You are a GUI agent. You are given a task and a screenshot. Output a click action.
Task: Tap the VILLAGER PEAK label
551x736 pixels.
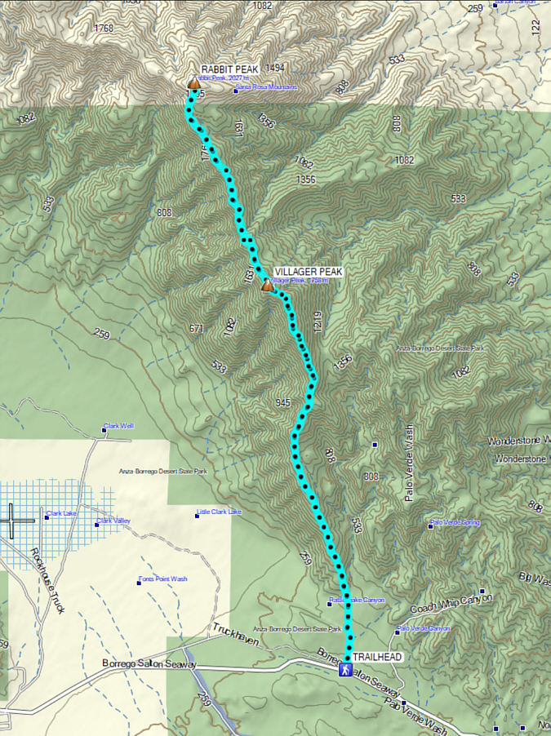[309, 272]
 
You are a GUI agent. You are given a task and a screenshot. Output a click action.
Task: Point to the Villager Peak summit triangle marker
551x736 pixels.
[267, 286]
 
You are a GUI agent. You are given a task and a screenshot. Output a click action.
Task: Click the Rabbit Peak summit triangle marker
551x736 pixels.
[194, 83]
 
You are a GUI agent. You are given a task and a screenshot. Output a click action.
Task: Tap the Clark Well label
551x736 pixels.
[119, 427]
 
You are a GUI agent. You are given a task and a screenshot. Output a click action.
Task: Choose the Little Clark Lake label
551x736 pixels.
[219, 512]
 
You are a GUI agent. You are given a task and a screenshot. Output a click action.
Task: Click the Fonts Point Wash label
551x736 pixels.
[162, 579]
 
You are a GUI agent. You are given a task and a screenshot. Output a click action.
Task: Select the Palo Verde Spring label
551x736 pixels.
[455, 522]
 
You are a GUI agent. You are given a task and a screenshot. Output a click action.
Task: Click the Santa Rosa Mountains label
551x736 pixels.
[267, 86]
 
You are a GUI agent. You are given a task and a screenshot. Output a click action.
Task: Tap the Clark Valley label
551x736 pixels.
[113, 521]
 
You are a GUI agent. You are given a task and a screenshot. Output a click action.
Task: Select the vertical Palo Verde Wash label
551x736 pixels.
[411, 463]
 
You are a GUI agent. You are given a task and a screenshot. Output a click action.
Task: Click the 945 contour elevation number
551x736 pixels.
[283, 403]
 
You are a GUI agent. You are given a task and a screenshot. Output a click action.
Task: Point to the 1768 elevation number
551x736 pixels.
[104, 29]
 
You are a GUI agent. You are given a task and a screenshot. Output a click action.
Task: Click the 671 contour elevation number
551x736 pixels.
[197, 328]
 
